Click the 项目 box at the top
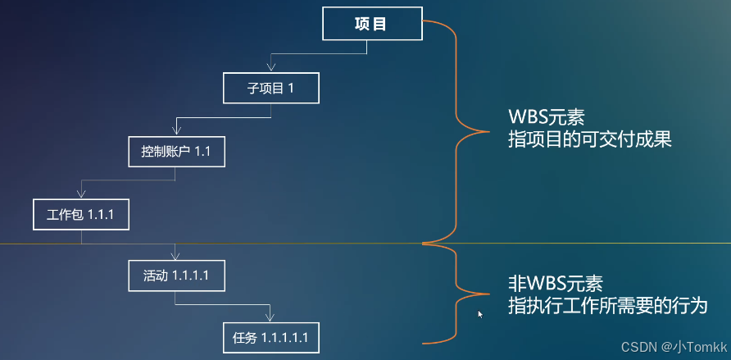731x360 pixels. tap(372, 24)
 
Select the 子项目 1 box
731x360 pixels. tap(270, 88)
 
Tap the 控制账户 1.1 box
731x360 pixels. tap(176, 151)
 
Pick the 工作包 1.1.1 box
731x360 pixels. tap(81, 214)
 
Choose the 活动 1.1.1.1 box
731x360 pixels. tap(176, 276)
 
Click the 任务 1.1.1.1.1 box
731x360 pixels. tap(270, 337)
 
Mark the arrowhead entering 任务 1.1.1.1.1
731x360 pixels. tap(270, 318)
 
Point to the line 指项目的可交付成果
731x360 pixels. tap(589, 139)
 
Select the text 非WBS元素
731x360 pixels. tap(555, 285)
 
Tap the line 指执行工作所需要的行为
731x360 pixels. tap(606, 306)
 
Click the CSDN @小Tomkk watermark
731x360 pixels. tap(674, 346)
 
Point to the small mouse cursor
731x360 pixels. tap(481, 314)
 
